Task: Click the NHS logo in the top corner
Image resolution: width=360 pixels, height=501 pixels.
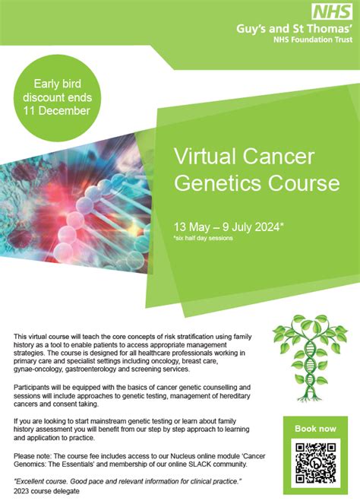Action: click(x=333, y=11)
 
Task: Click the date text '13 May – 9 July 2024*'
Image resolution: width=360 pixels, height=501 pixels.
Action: click(x=227, y=227)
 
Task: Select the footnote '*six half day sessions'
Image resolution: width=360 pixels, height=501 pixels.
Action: click(x=202, y=238)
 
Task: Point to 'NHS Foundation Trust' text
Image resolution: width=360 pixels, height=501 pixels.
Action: click(x=307, y=42)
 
